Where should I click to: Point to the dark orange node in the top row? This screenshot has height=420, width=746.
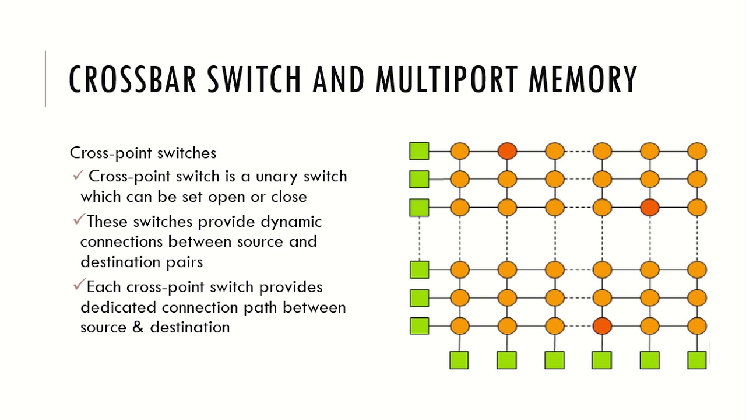click(x=507, y=152)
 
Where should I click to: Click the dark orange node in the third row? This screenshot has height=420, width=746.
click(x=649, y=207)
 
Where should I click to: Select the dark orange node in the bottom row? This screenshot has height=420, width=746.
click(x=602, y=325)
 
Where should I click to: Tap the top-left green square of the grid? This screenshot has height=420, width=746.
click(x=419, y=151)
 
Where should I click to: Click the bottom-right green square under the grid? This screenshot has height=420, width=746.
click(x=696, y=360)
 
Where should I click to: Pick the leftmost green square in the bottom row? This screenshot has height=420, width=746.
click(x=459, y=360)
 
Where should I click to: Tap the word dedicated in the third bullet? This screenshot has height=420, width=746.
click(x=119, y=307)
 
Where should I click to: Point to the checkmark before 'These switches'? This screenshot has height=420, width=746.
click(x=79, y=221)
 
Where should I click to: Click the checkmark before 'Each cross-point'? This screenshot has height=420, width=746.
click(x=79, y=286)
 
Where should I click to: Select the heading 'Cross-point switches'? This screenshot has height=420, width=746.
click(x=143, y=153)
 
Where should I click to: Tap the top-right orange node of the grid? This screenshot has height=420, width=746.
click(x=696, y=152)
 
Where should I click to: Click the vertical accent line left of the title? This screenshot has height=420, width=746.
click(x=45, y=79)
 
